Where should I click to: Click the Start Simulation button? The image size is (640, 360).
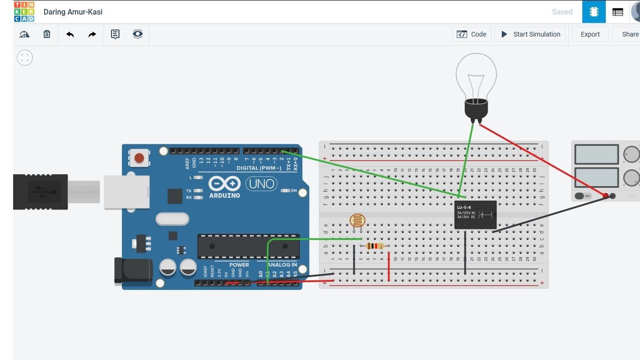point(530,34)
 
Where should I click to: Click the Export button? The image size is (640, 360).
point(590,34)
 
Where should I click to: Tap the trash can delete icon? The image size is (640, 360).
point(47,34)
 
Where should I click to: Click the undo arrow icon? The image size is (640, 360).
point(70,34)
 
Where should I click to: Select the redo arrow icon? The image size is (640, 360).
point(92,34)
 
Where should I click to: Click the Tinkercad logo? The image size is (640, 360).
point(24,12)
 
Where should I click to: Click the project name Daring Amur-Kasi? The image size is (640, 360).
point(73,12)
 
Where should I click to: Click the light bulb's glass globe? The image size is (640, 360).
point(476,75)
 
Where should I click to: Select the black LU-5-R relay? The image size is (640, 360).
point(475,215)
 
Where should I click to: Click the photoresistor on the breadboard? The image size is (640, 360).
point(357,221)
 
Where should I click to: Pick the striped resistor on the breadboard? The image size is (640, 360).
point(375,246)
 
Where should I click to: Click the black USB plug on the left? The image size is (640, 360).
point(40,192)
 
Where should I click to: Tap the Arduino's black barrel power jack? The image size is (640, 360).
point(134,271)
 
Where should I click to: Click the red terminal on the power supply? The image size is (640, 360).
point(605,195)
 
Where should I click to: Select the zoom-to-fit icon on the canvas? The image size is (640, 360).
point(25,58)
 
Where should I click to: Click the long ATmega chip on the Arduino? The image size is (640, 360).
point(248,246)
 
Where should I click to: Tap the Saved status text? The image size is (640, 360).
point(562,12)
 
